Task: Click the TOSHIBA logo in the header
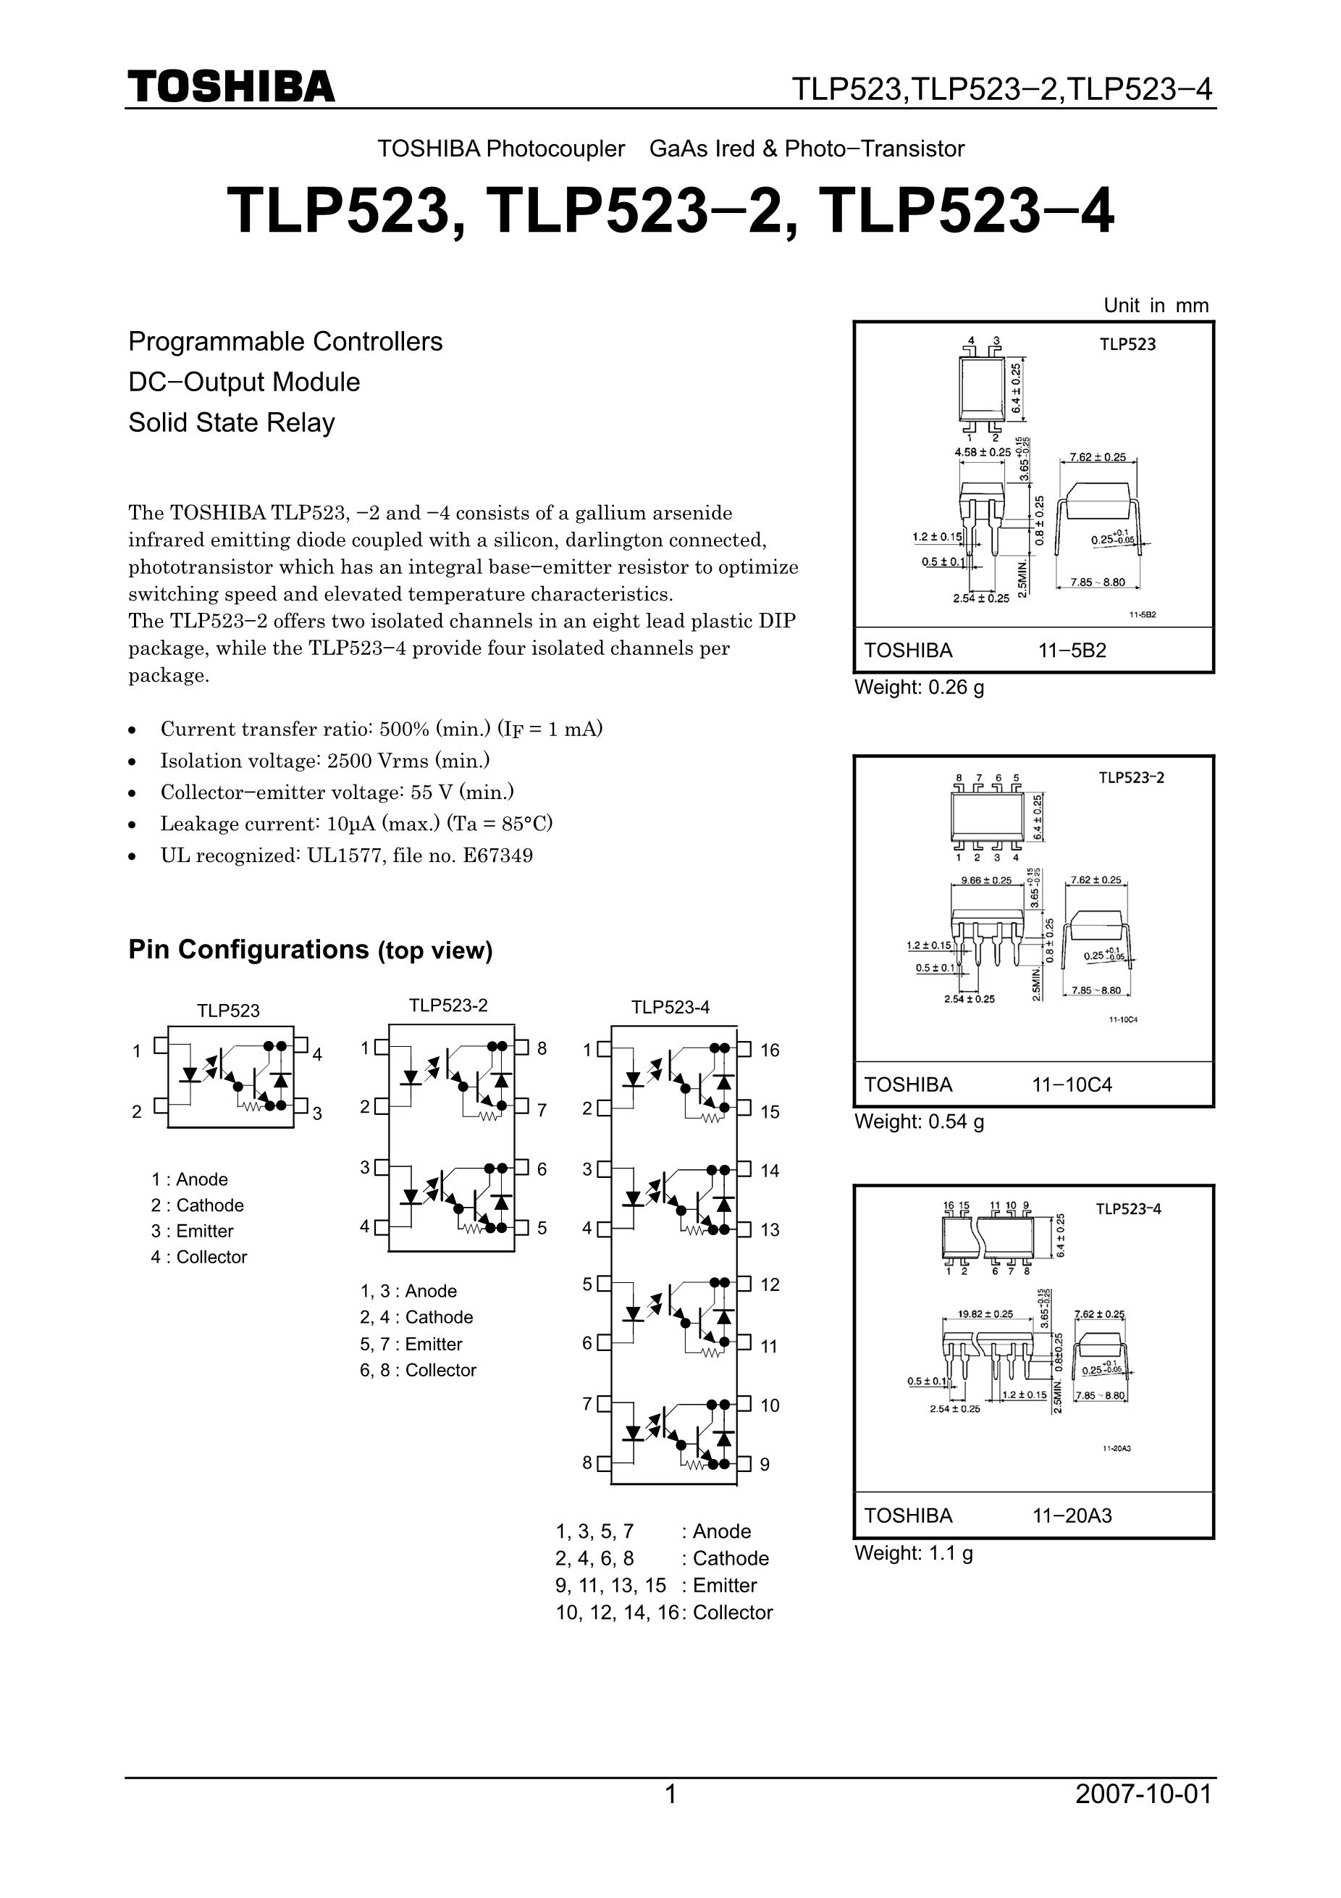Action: click(x=232, y=87)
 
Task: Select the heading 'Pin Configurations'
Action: click(x=248, y=949)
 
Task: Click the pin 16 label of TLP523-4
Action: click(x=769, y=1050)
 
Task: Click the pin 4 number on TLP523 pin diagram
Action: click(x=317, y=1054)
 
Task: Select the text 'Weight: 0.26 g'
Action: click(x=919, y=687)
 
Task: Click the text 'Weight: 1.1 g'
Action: click(x=913, y=1553)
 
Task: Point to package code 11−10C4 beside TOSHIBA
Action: click(x=1072, y=1084)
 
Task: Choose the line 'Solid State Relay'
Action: click(x=232, y=422)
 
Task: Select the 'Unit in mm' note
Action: click(x=1155, y=305)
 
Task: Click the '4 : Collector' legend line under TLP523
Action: click(x=199, y=1258)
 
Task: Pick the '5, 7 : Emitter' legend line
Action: click(x=411, y=1344)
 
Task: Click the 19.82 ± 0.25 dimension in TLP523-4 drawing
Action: click(x=985, y=1313)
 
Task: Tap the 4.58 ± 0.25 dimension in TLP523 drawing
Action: click(x=983, y=452)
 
